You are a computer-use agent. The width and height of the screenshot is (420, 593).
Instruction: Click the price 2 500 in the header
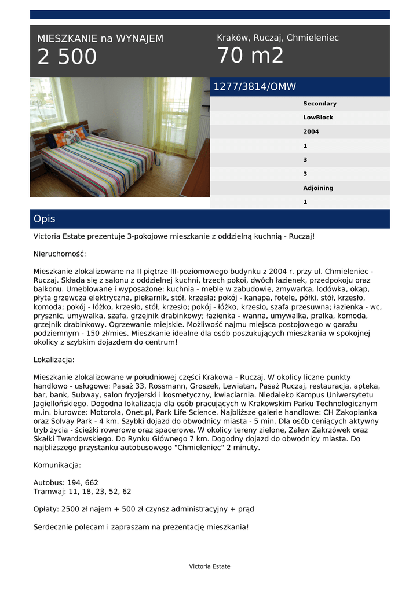[x=67, y=57]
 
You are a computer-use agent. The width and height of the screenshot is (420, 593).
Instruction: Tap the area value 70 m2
[x=250, y=56]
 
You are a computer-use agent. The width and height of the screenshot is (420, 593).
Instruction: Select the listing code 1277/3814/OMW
[x=255, y=87]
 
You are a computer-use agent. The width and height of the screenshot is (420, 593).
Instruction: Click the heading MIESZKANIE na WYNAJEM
[x=100, y=39]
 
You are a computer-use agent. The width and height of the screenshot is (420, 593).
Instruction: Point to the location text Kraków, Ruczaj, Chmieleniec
[x=277, y=38]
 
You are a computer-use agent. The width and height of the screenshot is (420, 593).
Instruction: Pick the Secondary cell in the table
[x=319, y=104]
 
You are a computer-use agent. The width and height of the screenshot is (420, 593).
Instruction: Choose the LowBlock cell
[x=318, y=118]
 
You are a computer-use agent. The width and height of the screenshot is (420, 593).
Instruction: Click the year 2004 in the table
[x=311, y=131]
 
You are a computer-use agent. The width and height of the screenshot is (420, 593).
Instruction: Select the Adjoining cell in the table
[x=318, y=188]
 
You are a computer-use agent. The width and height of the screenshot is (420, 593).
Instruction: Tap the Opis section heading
[x=45, y=219]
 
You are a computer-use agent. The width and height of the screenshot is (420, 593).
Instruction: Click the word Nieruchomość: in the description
[x=60, y=254]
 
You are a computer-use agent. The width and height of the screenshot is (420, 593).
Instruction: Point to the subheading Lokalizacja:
[x=54, y=360]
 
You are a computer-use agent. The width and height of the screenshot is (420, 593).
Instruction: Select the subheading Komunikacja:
[x=57, y=465]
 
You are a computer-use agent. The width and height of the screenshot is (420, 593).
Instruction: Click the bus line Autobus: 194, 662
[x=66, y=482]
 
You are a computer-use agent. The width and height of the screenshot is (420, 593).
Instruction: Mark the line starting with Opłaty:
[x=144, y=510]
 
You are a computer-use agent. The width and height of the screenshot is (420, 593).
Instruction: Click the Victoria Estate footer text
[x=209, y=566]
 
